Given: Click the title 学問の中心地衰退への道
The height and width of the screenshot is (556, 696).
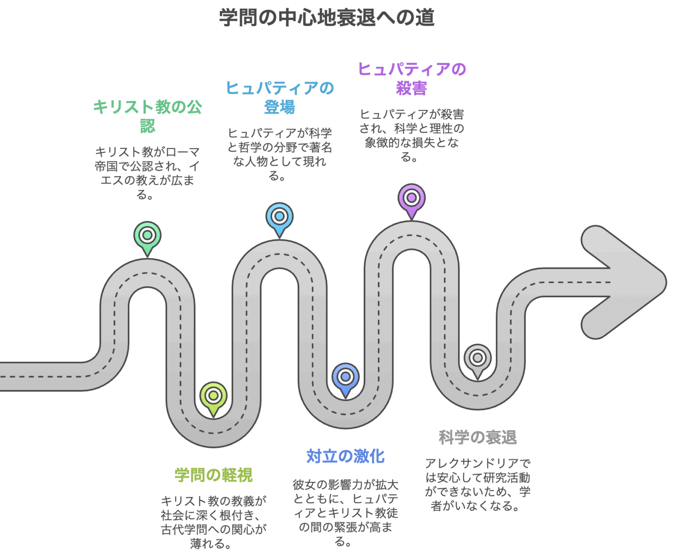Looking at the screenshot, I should [x=326, y=18].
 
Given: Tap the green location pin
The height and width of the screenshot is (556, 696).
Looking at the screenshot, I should [x=147, y=236].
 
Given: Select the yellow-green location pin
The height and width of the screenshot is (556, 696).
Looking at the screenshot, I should [x=213, y=396].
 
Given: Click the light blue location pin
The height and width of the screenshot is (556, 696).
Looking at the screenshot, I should [x=280, y=217].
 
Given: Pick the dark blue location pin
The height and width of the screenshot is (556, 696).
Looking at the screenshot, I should [x=345, y=377].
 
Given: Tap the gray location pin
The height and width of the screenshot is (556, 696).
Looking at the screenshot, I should [x=477, y=358].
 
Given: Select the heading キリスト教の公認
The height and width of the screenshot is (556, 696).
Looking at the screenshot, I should [x=147, y=116].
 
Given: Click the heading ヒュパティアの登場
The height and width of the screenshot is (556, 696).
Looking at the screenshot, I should [x=280, y=97].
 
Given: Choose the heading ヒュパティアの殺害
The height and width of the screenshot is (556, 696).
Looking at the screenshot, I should [x=411, y=78].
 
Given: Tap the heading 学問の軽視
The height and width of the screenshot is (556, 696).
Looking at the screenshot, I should [x=213, y=475].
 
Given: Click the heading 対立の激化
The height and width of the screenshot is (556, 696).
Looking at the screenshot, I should [x=345, y=456].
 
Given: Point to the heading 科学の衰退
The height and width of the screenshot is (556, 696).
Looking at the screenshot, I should [x=477, y=437].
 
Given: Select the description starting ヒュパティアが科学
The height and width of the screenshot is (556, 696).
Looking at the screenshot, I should [x=280, y=154].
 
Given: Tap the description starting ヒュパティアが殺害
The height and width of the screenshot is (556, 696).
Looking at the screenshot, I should [x=411, y=135].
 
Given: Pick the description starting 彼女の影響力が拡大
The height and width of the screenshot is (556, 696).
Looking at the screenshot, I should [x=345, y=513].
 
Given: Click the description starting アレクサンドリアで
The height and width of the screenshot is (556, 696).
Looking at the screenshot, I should [x=477, y=484].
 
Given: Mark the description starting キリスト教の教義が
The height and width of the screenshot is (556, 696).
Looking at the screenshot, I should [x=213, y=522].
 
